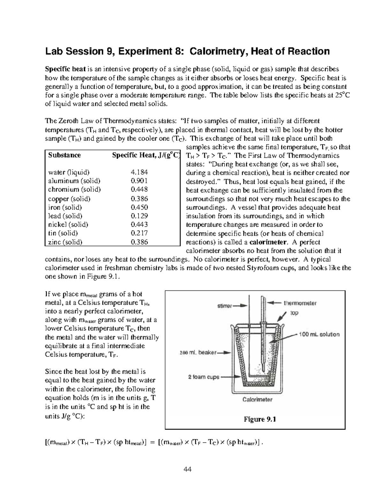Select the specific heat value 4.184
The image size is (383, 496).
pos(139,172)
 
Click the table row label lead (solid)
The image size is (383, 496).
pos(65,216)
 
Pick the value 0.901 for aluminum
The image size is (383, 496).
pos(139,181)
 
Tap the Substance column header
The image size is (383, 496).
pos(64,155)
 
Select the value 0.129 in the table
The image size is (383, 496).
pos(139,216)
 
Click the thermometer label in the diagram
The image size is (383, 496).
pos(300,303)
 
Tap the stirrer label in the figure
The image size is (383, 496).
pos(225,306)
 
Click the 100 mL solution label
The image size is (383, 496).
pos(319,334)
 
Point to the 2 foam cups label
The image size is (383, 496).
pos(204,377)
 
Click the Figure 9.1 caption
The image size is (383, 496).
pos(260,419)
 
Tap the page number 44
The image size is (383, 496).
pos(187,469)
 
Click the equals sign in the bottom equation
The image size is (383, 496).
pos(152,442)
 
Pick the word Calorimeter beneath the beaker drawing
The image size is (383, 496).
pos(257,399)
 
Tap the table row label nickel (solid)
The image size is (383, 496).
pos(68,225)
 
